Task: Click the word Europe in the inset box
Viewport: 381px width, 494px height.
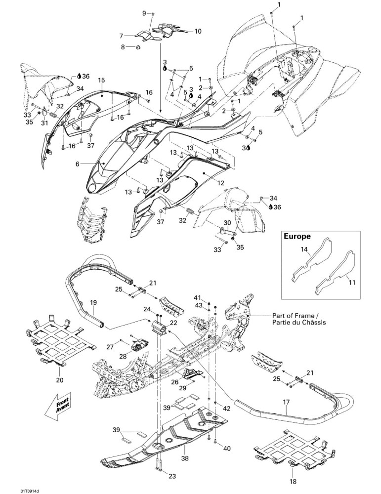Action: click(x=297, y=236)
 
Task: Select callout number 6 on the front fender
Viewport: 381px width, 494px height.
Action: click(x=78, y=164)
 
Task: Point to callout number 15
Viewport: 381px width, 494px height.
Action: click(x=101, y=81)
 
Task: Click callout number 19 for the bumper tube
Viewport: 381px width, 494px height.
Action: click(x=93, y=303)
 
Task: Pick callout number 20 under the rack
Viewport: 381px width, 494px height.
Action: click(x=59, y=380)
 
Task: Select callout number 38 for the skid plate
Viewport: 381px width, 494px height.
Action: click(x=185, y=458)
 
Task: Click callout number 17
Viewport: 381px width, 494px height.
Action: click(x=286, y=402)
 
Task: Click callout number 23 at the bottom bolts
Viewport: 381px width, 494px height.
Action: click(x=172, y=476)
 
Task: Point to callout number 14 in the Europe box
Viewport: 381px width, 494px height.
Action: click(x=304, y=249)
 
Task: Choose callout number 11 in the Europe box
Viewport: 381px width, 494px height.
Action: click(x=352, y=283)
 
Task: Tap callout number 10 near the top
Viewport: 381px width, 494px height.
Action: click(x=198, y=32)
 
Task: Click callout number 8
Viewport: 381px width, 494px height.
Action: click(x=123, y=47)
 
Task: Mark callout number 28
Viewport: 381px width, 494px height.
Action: click(x=123, y=356)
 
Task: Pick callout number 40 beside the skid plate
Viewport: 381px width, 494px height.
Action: click(x=227, y=448)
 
